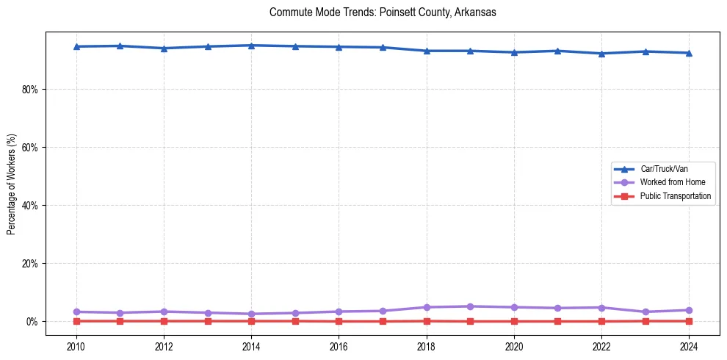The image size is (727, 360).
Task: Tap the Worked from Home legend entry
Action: point(673,182)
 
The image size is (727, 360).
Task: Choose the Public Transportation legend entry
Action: point(675,196)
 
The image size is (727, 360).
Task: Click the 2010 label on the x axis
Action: point(76,345)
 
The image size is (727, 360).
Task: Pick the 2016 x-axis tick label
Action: point(339,345)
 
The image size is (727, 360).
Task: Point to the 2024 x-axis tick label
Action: point(689,345)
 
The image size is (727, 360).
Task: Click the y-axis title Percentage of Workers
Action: point(12,184)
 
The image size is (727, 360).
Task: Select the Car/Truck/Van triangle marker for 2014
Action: point(251,45)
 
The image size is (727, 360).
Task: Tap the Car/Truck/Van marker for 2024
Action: point(689,53)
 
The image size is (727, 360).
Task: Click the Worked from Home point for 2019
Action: point(470,306)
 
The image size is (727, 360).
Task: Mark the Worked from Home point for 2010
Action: point(76,312)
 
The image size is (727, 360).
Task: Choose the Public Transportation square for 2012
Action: point(164,321)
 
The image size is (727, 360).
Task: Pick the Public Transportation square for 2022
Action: point(601,321)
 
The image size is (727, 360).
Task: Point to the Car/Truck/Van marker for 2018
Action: point(427,51)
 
